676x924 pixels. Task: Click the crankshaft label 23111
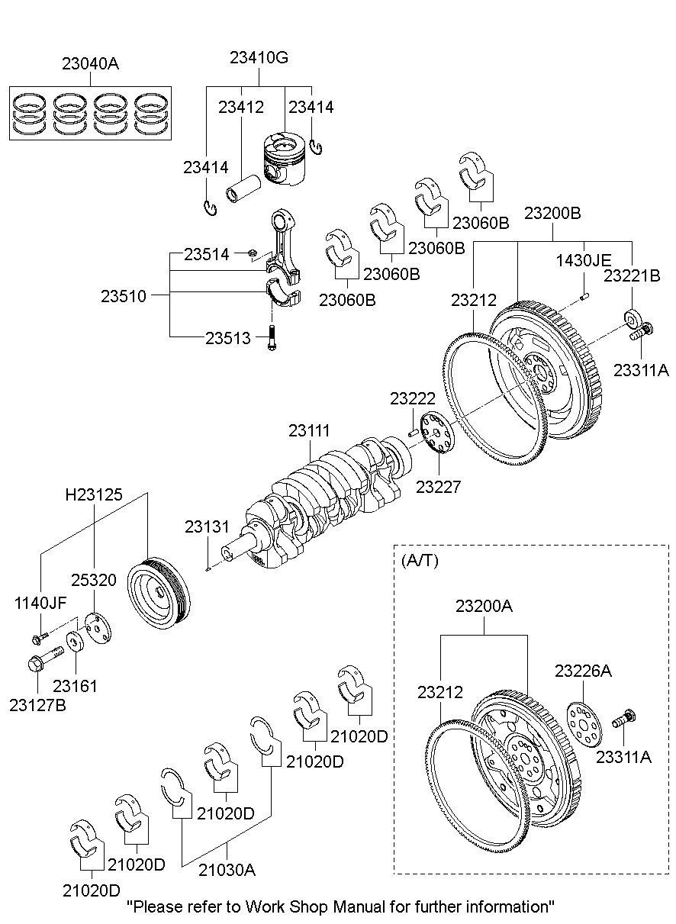tap(310, 431)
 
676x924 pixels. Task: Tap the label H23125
tap(94, 495)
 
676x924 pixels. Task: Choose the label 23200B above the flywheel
tap(552, 214)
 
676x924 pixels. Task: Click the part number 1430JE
tap(583, 260)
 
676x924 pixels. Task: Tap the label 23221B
tap(633, 277)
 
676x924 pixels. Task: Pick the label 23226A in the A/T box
tap(584, 671)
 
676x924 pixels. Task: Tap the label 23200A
tap(484, 607)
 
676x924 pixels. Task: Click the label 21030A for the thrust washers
tap(228, 869)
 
